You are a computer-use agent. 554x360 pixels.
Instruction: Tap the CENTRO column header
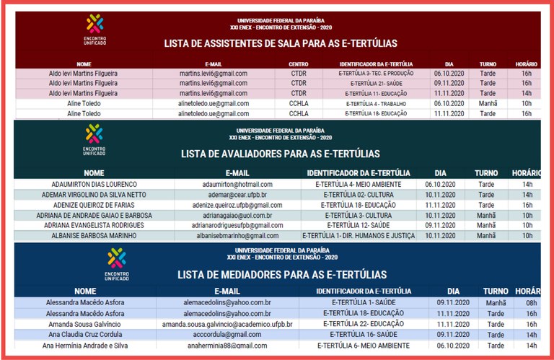point(298,63)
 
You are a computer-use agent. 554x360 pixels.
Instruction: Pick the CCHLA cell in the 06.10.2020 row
point(299,103)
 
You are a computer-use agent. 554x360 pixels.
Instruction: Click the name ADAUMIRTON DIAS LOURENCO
point(94,185)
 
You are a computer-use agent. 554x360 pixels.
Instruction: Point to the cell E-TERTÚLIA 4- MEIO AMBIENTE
point(359,185)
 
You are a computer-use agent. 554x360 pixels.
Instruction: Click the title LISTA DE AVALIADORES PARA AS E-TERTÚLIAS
point(280,154)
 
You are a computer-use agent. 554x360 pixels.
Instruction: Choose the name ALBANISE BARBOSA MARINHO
point(94,235)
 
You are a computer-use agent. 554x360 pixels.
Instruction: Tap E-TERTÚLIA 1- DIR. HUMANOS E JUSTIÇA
point(359,235)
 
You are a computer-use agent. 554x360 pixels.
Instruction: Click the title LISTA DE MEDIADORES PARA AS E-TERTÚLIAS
point(281,275)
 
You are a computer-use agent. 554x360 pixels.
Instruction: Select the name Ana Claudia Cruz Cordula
point(84,335)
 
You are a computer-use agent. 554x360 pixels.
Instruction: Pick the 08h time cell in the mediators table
point(531,303)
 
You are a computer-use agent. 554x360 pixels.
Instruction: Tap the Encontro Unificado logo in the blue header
point(115,263)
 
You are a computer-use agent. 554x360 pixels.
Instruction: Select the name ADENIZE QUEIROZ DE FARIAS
point(94,205)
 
